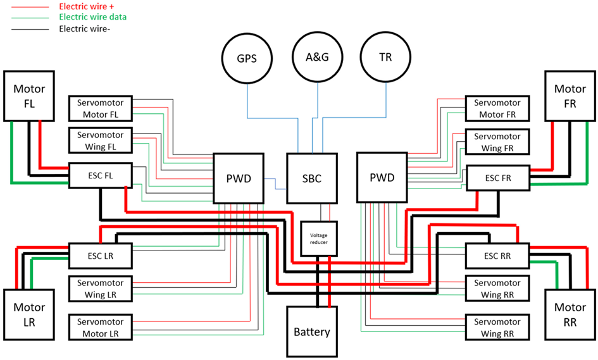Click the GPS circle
click(246, 58)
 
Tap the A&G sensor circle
click(317, 58)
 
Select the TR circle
click(385, 58)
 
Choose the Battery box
click(312, 332)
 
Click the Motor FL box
click(29, 96)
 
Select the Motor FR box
click(570, 96)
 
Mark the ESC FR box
click(497, 178)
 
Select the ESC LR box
click(100, 256)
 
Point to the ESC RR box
click(497, 256)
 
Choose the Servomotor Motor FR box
click(497, 108)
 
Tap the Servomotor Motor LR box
click(100, 327)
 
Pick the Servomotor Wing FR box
click(497, 142)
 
